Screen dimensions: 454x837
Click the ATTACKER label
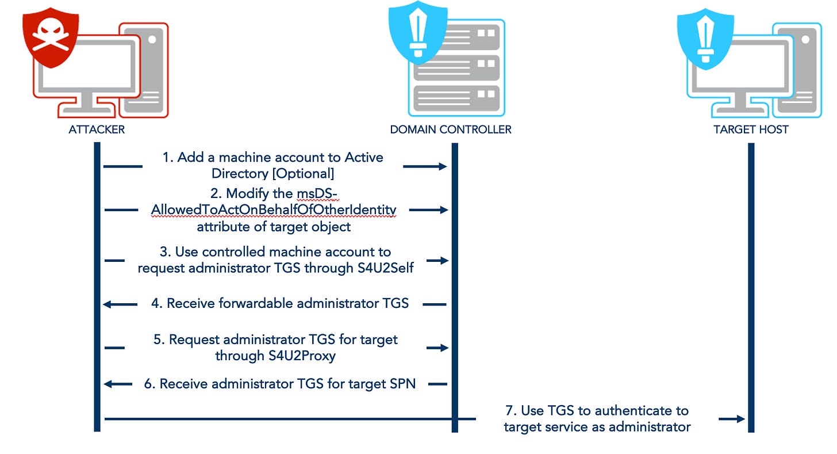point(97,129)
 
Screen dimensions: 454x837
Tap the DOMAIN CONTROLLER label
point(451,129)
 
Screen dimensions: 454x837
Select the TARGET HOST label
point(751,129)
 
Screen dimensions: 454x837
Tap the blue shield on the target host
point(705,36)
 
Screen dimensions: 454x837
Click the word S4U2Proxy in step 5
point(302,356)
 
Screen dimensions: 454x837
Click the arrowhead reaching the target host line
point(741,419)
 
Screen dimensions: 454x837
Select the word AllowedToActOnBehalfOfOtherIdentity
point(274,211)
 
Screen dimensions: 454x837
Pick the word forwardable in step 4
point(270,303)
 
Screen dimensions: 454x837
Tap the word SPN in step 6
point(402,383)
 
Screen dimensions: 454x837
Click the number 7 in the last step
point(509,411)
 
